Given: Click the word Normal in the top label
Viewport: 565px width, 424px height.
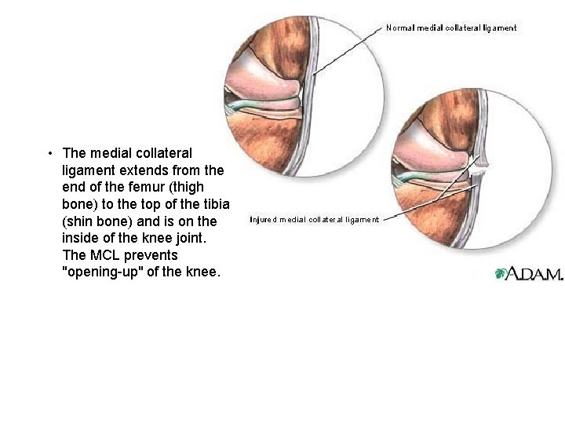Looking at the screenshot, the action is pyautogui.click(x=399, y=28).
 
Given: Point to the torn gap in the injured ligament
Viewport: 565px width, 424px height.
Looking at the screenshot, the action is pyautogui.click(x=480, y=166).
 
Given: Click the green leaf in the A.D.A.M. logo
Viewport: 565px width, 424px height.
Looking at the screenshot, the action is pyautogui.click(x=499, y=274).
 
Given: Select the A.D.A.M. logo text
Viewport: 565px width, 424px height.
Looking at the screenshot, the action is pyautogui.click(x=534, y=274).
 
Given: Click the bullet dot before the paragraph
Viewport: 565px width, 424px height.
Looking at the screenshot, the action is pyautogui.click(x=49, y=153).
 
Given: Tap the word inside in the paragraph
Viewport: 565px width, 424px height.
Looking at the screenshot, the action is pyautogui.click(x=81, y=239).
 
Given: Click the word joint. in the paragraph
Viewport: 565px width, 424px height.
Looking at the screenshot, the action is pyautogui.click(x=198, y=239).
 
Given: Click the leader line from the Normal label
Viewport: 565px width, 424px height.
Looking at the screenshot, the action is pyautogui.click(x=345, y=50).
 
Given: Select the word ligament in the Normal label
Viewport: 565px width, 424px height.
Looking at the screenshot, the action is pyautogui.click(x=497, y=28).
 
